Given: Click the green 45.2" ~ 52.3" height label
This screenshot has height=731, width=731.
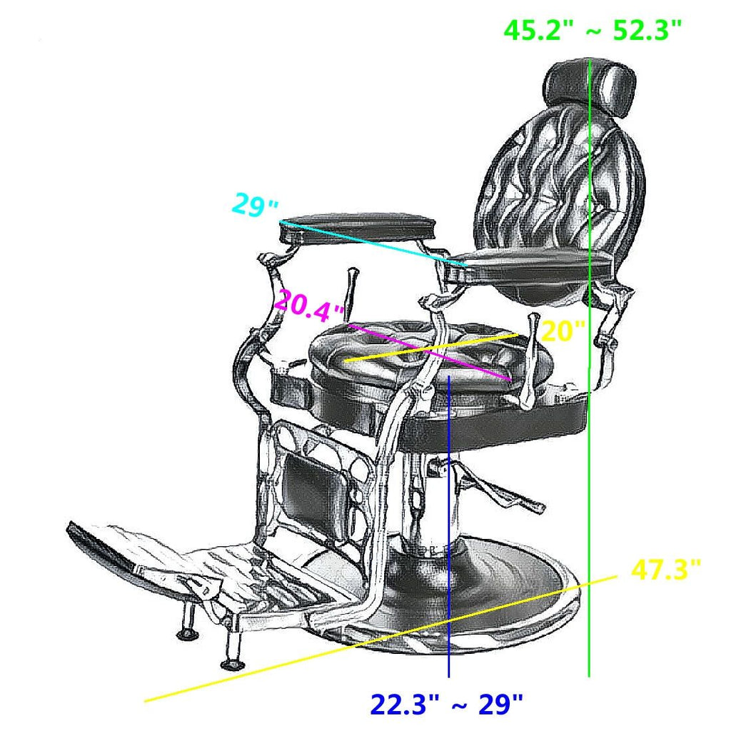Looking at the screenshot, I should click(593, 31).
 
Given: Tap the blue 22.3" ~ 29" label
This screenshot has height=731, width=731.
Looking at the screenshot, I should click(447, 705).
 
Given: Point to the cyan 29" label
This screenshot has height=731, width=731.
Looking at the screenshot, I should click(255, 206).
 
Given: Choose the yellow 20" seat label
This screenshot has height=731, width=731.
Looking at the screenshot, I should click(563, 331).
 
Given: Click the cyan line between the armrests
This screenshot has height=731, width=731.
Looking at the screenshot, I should click(371, 243).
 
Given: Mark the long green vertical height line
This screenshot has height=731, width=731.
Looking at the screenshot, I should click(588, 500).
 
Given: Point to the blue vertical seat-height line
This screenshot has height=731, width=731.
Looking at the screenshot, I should click(448, 535).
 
